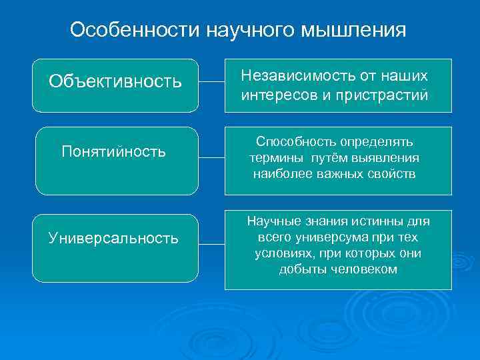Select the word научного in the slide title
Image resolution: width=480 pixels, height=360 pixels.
click(x=250, y=31)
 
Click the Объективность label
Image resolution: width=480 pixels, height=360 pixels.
click(x=115, y=82)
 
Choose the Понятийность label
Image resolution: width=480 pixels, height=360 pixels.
click(x=113, y=152)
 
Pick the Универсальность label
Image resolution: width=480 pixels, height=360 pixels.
click(x=113, y=238)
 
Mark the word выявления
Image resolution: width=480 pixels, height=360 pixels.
click(x=389, y=158)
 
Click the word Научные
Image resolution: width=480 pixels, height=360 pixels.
click(x=271, y=221)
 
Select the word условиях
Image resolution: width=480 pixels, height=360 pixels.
click(x=282, y=253)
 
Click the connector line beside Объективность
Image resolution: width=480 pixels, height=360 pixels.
click(x=211, y=83)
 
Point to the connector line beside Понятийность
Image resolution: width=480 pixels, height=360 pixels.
click(x=211, y=158)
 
